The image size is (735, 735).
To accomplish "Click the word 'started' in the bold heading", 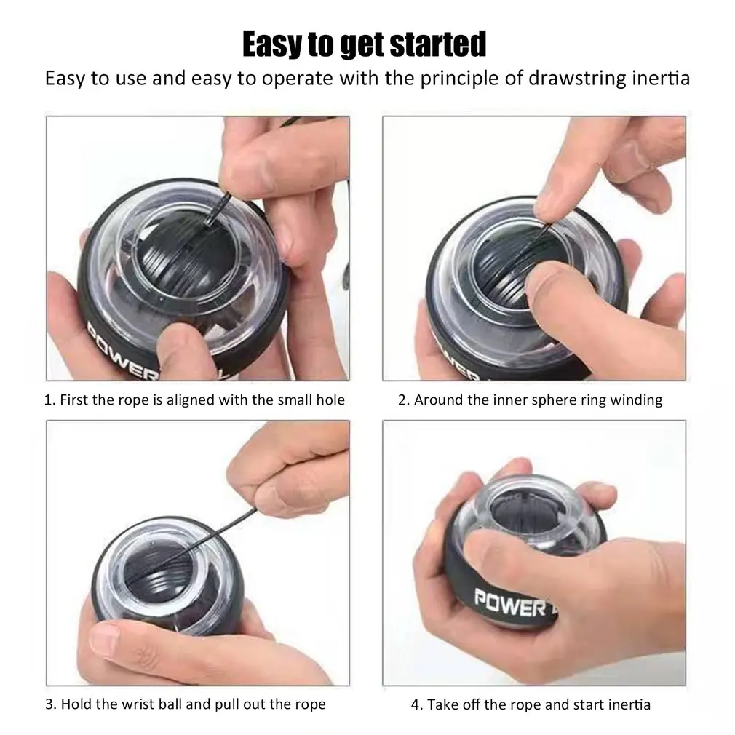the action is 438,44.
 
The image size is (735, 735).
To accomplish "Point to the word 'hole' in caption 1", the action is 330,400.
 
